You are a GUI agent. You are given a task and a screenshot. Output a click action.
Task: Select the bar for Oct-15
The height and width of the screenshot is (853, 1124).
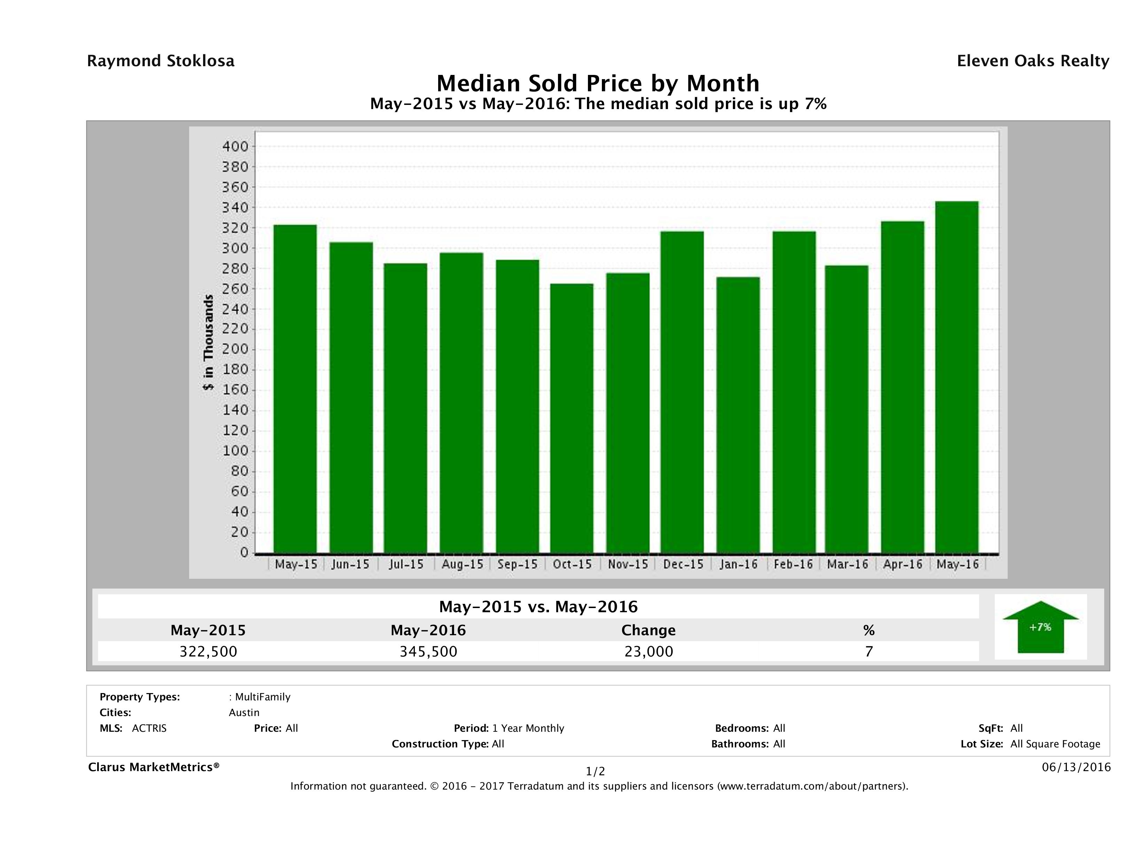[572, 418]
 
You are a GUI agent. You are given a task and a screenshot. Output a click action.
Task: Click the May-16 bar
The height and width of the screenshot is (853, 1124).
[956, 377]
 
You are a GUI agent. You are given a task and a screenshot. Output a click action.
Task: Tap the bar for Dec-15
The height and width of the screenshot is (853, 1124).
[682, 392]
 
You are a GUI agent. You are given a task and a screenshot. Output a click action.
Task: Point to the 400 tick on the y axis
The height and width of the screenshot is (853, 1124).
[235, 146]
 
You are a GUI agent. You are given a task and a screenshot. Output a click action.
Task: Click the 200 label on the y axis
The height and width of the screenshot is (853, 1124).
[235, 349]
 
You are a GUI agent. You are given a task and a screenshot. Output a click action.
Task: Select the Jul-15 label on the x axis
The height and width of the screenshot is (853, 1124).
[406, 564]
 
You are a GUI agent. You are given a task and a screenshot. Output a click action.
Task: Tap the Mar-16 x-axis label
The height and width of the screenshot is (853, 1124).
[847, 564]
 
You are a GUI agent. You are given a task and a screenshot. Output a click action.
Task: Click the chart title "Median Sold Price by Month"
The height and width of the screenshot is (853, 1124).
[598, 83]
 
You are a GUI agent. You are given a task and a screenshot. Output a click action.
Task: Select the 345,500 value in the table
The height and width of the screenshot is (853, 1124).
[428, 651]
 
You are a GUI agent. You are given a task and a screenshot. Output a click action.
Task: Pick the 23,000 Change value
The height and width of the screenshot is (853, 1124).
[649, 651]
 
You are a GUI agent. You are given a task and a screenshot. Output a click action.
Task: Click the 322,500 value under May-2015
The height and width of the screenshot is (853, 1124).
[208, 651]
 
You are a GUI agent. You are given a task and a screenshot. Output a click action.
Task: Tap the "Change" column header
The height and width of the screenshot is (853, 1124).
[649, 630]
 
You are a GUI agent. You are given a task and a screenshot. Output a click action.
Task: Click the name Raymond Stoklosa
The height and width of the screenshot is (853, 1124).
[161, 61]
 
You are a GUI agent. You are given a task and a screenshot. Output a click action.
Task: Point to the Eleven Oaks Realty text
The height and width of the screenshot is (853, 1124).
[1032, 61]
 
